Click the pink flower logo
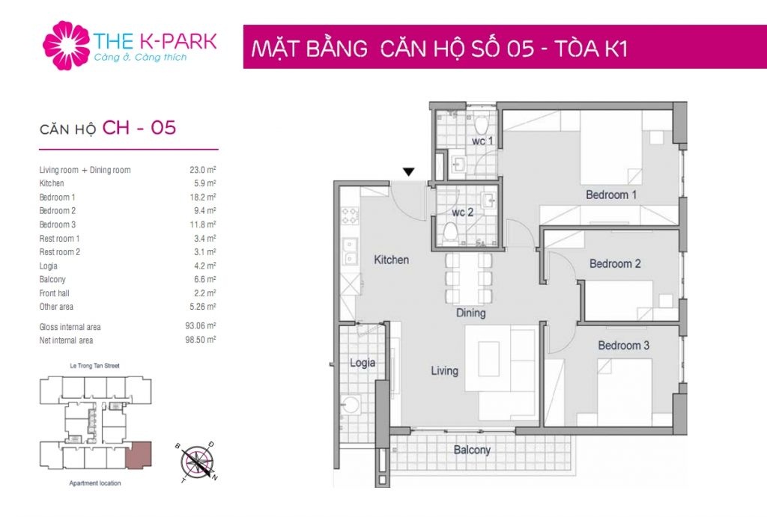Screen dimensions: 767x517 coord(67,45)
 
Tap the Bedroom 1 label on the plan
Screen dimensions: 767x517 coord(611,195)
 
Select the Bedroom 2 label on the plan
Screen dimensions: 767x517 coord(615,264)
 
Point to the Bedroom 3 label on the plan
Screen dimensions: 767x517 coord(624,346)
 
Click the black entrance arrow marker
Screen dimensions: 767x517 coord(409,171)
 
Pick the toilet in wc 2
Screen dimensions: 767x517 coord(450,233)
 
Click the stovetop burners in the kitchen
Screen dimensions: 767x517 coord(351,215)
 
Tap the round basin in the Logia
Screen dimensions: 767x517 coord(351,405)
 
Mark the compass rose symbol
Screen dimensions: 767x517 coord(197,462)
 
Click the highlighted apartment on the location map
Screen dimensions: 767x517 coord(139,454)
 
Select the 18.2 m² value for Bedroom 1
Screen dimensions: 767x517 coord(202,197)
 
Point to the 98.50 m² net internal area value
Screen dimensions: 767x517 coord(200,340)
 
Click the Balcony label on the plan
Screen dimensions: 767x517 coord(472,450)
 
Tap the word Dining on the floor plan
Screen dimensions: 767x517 coord(470,313)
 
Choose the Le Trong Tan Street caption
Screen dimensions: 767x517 coord(95,366)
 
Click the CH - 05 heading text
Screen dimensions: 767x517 coord(139,128)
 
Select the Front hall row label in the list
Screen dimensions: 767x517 coord(54,293)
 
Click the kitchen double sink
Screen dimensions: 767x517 coord(350,252)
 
